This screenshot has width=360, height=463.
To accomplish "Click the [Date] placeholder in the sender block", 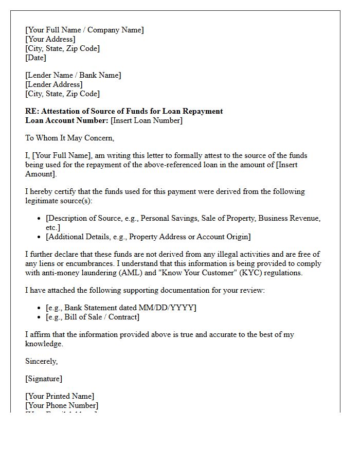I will click(35, 58).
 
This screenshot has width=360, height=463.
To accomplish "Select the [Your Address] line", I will click(50, 39).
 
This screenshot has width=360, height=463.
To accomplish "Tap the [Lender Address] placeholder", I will click(53, 84).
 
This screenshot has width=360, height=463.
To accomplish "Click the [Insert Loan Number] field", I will click(147, 120).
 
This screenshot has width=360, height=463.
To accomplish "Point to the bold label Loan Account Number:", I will click(67, 120).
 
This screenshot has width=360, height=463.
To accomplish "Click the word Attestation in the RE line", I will click(59, 111).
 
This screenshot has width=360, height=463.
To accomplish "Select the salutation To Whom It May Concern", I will click(69, 138).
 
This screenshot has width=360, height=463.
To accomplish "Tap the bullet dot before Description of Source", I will click(39, 219).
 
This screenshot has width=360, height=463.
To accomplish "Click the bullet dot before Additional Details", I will click(39, 237).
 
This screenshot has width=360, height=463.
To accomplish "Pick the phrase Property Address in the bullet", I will click(157, 237).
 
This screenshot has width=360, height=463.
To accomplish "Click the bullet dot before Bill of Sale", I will click(39, 317).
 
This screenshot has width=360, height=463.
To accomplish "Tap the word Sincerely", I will click(41, 361).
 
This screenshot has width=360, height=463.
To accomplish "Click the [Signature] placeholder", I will click(44, 379).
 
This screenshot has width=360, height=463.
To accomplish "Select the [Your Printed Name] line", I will click(60, 396).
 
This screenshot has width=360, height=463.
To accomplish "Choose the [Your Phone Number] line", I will click(62, 405).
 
